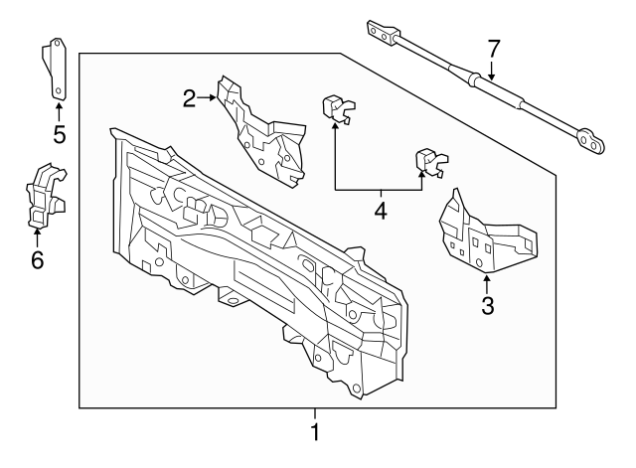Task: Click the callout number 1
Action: [315, 433]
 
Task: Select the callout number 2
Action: [190, 97]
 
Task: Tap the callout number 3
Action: [487, 305]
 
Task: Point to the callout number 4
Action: [380, 211]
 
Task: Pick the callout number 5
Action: [59, 133]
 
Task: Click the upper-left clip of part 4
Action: [338, 109]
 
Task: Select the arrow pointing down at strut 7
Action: [492, 70]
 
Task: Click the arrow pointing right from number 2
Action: [208, 97]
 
